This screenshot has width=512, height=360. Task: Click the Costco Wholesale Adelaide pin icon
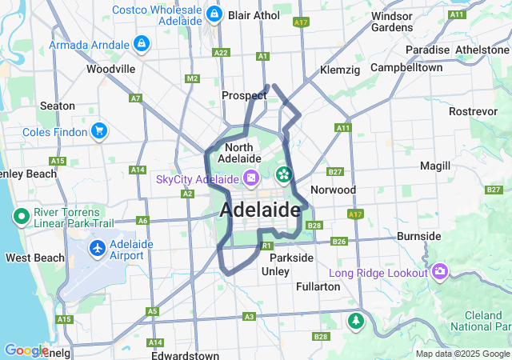point(214,14)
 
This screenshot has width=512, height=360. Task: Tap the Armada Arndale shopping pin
point(142,43)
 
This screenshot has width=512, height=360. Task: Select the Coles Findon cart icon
point(99,130)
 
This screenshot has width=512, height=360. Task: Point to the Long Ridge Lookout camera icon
point(439,274)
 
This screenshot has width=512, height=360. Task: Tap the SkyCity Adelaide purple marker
point(251,178)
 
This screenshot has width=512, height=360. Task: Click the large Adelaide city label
point(260,210)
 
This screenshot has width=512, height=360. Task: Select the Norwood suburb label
point(333,190)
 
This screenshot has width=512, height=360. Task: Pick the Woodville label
point(110,69)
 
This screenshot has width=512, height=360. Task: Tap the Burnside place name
point(419,236)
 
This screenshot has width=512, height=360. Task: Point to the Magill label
point(435,166)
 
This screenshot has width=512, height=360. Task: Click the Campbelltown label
point(406,67)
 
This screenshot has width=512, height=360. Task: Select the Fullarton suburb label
point(318,286)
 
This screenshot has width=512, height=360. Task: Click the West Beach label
point(34,258)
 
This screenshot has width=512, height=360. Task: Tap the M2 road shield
point(191,78)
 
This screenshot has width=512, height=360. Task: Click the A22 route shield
point(221,52)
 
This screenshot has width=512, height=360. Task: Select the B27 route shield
point(335,172)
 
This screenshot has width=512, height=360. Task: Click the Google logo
point(26,350)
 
